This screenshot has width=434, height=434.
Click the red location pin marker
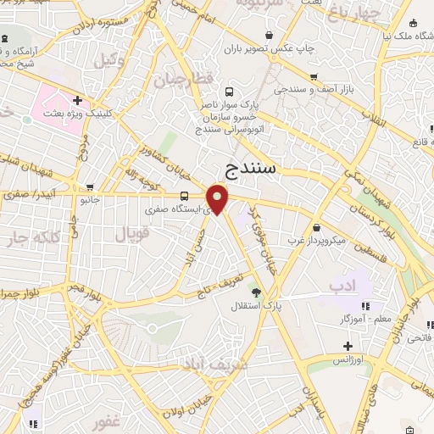[218, 198]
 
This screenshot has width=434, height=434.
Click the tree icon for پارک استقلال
[256, 292]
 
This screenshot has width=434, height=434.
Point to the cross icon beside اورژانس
[348, 346]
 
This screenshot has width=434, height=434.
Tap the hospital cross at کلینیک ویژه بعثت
[77, 100]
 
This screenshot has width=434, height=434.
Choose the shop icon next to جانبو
[91, 188]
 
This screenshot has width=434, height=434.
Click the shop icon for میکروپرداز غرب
[315, 227]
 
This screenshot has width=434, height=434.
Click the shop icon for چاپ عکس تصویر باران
[268, 35]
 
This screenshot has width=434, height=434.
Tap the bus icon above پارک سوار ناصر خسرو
[229, 92]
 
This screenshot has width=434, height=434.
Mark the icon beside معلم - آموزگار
[365, 306]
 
